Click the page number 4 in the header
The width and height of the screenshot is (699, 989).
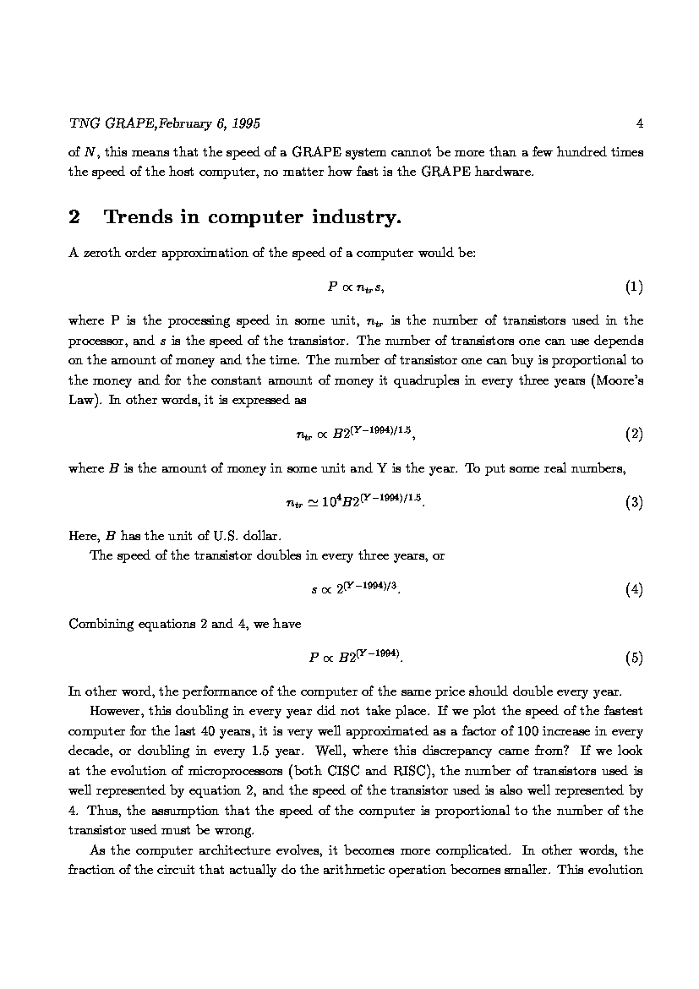pos(640,123)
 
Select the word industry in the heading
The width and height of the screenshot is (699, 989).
pos(355,218)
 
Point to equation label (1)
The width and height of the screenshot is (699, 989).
pos(634,287)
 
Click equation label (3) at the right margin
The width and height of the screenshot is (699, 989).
pos(634,502)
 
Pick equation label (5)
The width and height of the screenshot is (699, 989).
pos(634,658)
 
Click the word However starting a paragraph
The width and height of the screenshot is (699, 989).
pos(117,710)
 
